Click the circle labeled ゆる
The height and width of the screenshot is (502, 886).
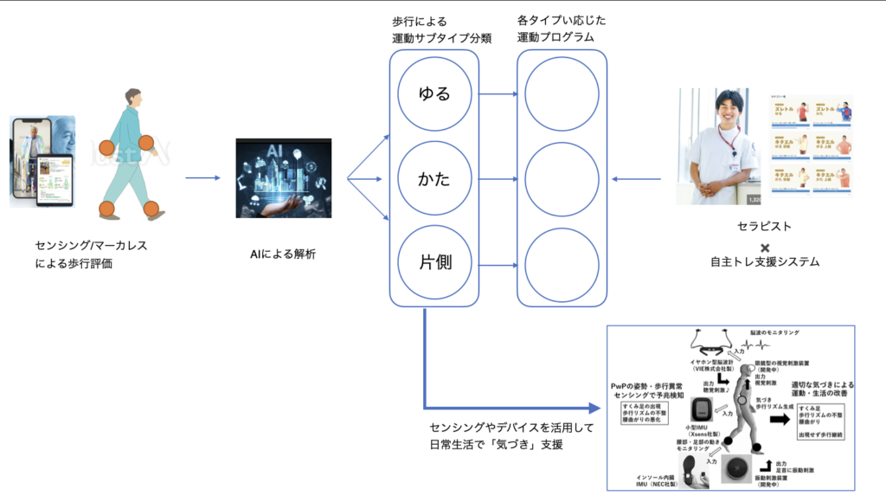pos(434,94)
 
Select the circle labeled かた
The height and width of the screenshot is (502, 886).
pos(434,180)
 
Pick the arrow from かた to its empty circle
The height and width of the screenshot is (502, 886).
pos(497,180)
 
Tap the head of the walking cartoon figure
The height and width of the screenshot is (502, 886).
pos(132,97)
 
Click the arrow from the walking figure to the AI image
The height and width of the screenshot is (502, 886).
pos(202,179)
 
